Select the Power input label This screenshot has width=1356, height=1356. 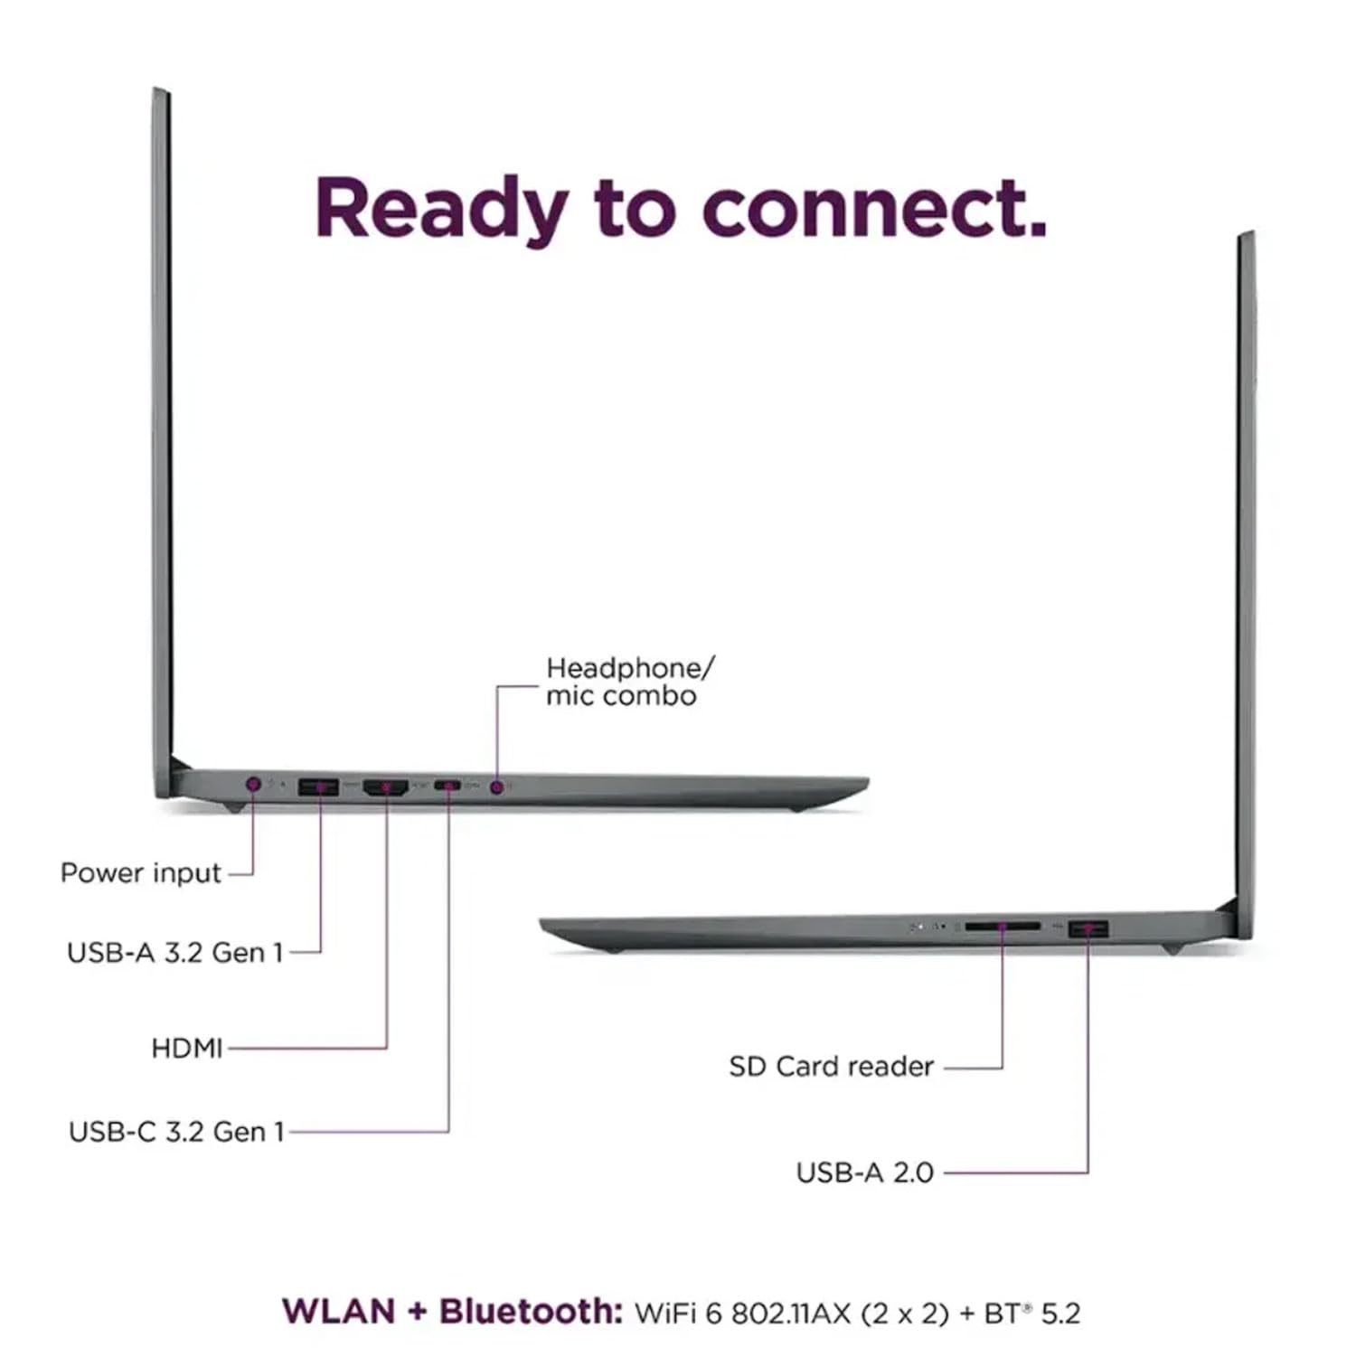140,873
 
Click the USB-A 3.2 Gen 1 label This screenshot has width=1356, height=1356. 175,952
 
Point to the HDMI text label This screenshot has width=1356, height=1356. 186,1048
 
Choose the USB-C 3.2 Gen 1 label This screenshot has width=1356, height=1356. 176,1131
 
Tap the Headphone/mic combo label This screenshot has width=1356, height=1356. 630,682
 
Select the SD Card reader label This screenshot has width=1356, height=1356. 831,1067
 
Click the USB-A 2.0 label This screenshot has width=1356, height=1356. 864,1172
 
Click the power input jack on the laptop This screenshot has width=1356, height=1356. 253,784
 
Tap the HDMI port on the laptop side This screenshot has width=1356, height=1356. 386,787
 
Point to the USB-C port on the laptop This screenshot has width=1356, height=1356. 447,785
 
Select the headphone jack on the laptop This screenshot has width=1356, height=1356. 496,787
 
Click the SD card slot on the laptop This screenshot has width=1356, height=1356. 1003,927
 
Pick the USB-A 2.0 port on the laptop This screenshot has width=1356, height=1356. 1088,928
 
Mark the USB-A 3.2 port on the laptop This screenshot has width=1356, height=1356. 318,786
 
